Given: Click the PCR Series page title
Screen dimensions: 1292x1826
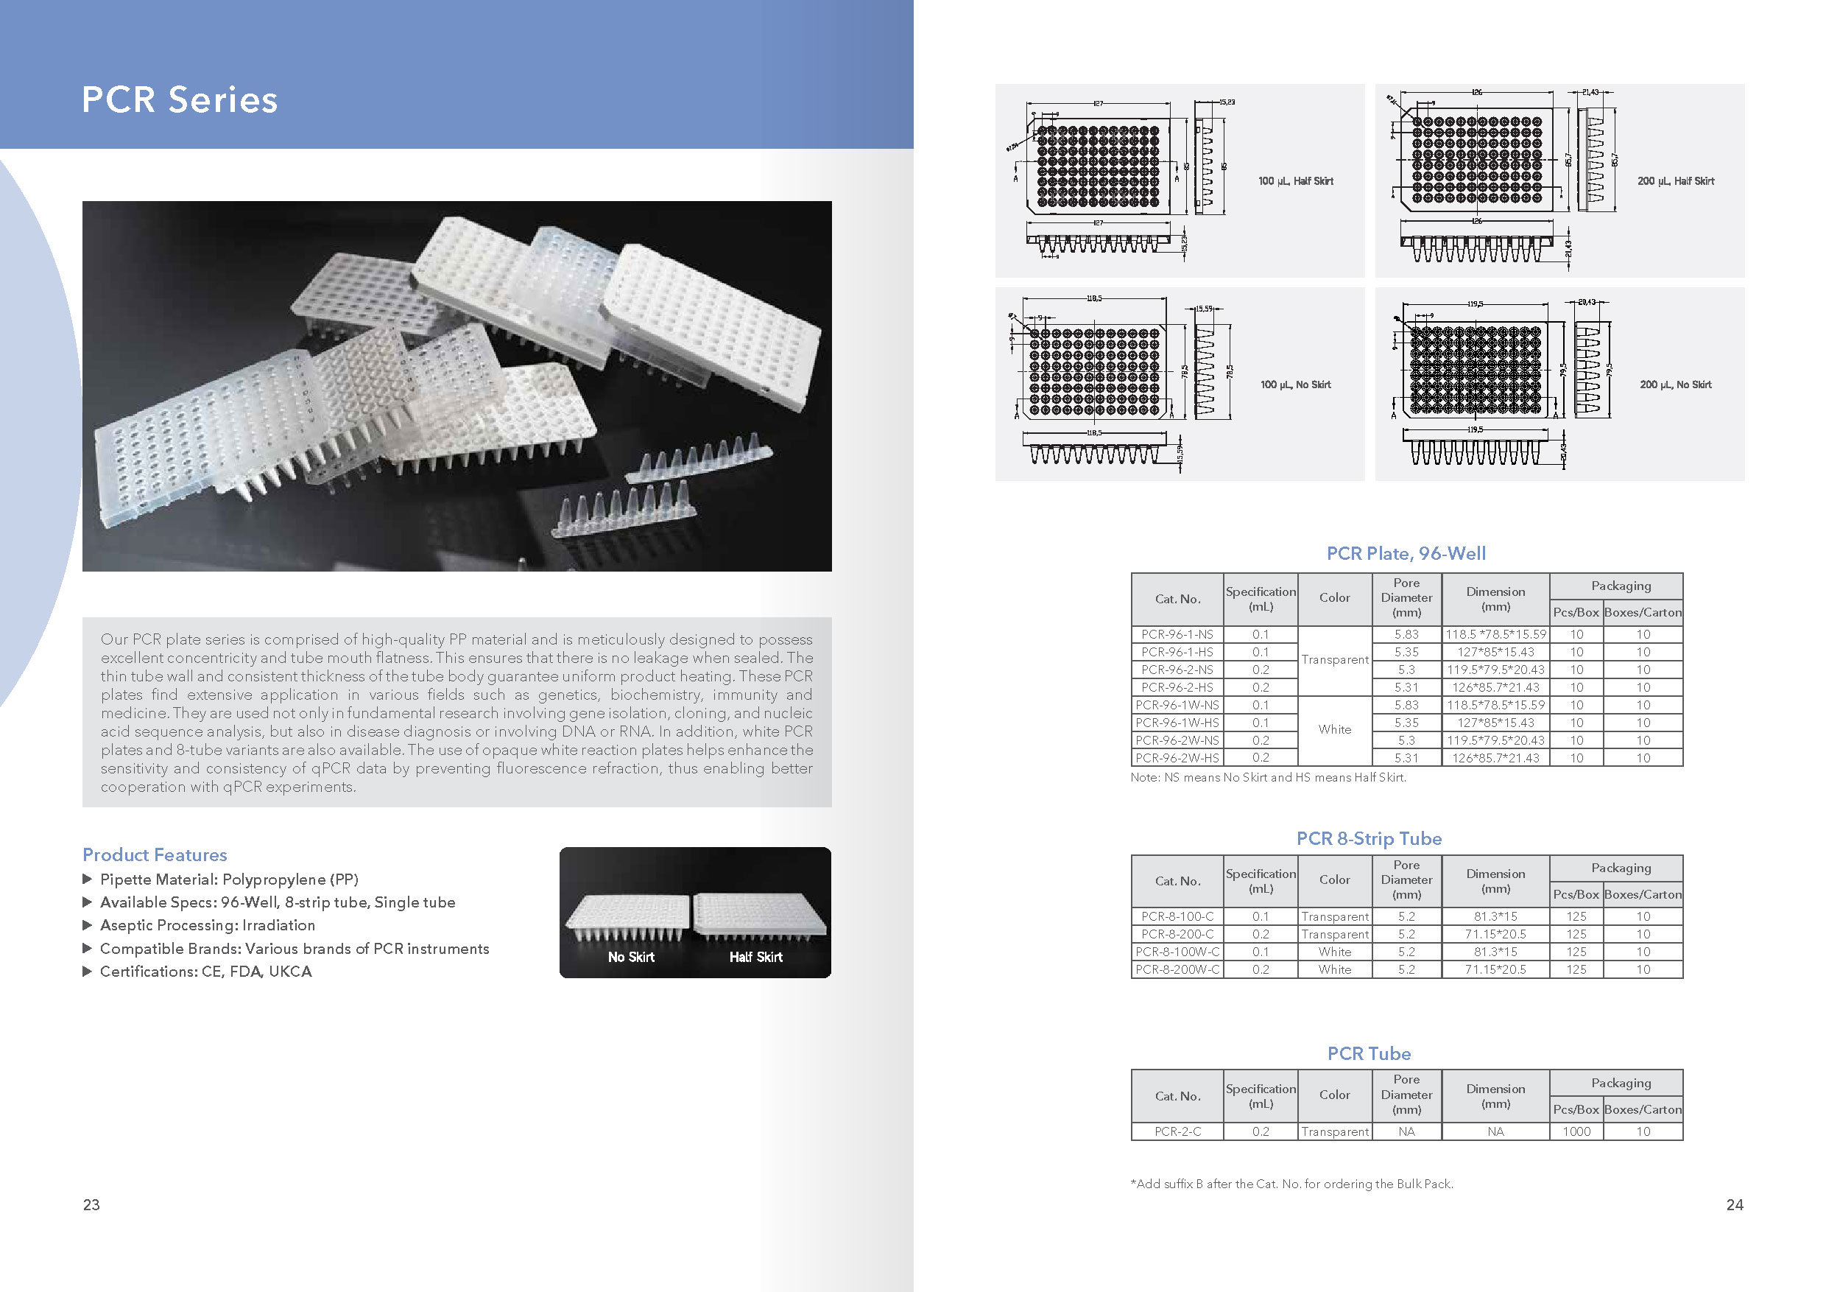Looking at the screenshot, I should [x=180, y=100].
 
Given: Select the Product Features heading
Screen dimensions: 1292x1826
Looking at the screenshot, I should [x=155, y=854].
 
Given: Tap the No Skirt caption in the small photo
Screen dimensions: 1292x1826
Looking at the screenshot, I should [x=631, y=957].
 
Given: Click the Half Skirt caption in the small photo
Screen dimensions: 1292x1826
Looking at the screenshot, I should [x=755, y=957].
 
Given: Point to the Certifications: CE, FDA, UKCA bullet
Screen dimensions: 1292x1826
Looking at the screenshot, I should [x=205, y=972].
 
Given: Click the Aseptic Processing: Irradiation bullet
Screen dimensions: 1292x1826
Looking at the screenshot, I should [x=207, y=925].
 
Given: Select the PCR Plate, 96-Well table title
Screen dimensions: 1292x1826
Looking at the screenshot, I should [x=1406, y=554].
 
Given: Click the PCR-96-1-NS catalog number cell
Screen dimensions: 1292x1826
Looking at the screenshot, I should [x=1177, y=634].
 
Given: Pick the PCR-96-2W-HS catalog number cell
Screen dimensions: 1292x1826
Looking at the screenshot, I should [x=1177, y=758].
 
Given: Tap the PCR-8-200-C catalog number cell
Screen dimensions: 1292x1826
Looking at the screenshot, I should [x=1177, y=934].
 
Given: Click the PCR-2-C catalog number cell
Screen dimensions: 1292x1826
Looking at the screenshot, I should [x=1177, y=1131].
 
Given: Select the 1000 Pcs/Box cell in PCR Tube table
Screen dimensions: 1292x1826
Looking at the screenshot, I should [x=1576, y=1131].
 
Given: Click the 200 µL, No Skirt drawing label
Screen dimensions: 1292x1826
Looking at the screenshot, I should [x=1675, y=385].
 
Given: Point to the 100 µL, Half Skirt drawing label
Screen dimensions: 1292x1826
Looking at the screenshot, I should [x=1296, y=181].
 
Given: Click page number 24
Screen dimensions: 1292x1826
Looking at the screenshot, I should [x=1735, y=1204].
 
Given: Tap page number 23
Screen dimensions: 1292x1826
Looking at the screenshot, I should [x=91, y=1204].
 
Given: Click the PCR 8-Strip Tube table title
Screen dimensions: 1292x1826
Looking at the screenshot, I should [x=1368, y=838].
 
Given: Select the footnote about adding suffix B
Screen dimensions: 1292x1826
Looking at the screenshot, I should [x=1291, y=1184].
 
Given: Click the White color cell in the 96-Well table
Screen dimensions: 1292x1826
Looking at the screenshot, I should [x=1334, y=729].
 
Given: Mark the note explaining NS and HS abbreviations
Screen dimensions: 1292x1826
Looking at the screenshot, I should [x=1268, y=777].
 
